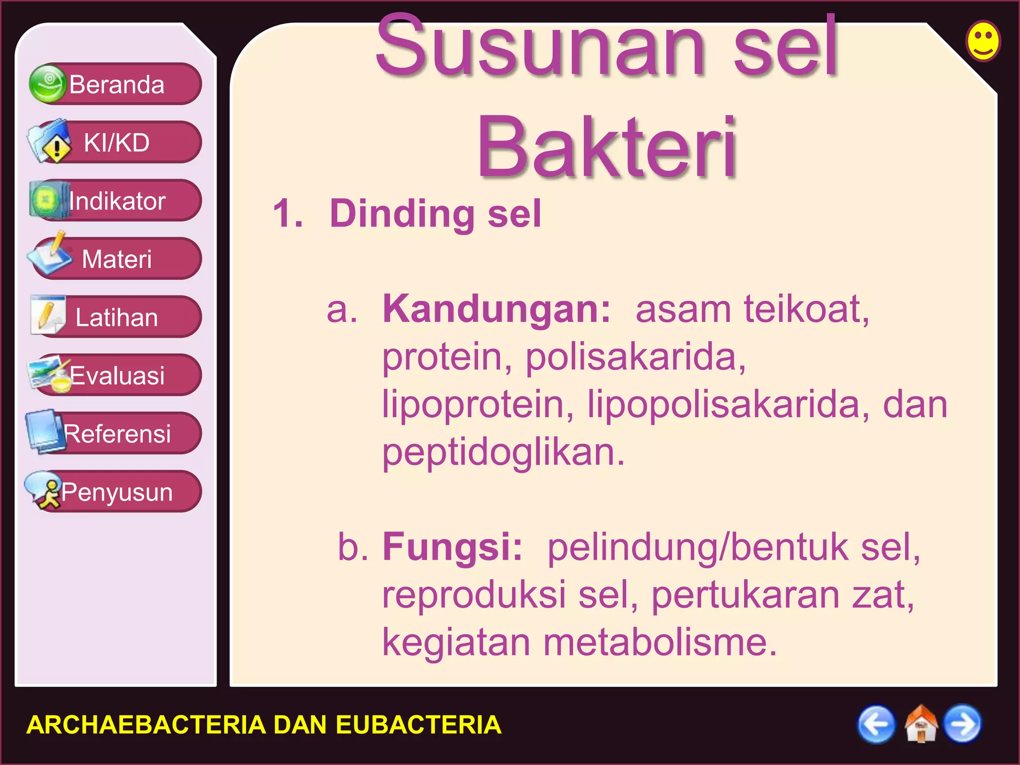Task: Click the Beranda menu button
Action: click(116, 84)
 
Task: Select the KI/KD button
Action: click(116, 142)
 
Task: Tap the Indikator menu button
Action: click(116, 201)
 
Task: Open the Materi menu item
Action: click(116, 259)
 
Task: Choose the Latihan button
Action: click(116, 317)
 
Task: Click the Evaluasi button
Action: click(116, 376)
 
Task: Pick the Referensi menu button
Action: click(116, 434)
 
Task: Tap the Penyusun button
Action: click(116, 492)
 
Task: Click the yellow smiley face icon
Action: click(983, 41)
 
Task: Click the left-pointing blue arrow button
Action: click(876, 724)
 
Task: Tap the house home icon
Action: click(920, 724)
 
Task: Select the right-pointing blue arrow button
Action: click(963, 724)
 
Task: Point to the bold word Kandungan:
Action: click(497, 309)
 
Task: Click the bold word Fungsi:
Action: click(452, 547)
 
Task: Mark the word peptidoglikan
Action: click(503, 453)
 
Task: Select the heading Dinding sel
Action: click(435, 214)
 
